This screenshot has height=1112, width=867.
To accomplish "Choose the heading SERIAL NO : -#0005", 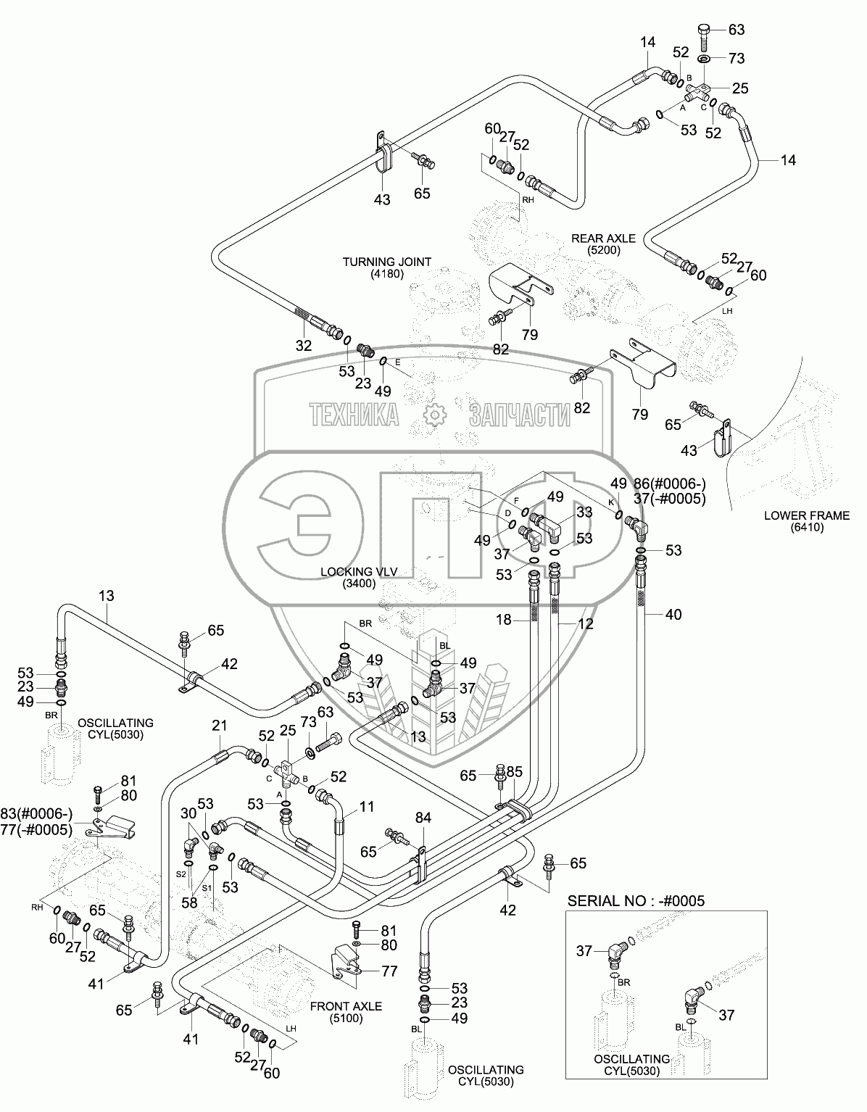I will coord(636,900).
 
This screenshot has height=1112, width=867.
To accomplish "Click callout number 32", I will coord(303,346).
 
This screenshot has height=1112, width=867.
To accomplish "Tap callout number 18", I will coord(504,620).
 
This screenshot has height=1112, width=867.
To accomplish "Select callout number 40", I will coord(673,615).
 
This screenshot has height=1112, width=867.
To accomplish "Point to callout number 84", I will coord(423,818).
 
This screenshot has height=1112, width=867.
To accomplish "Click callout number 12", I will coord(586,623).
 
